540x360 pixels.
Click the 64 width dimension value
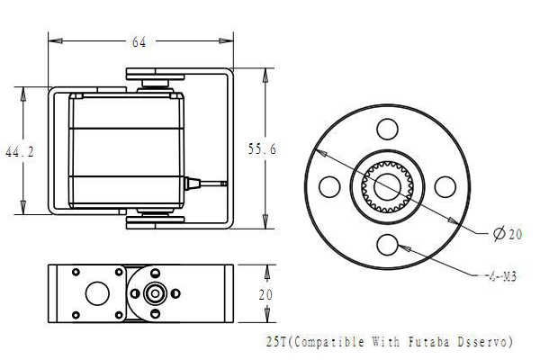click(139, 41)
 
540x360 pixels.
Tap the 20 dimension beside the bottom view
click(265, 293)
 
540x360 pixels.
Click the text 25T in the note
click(278, 342)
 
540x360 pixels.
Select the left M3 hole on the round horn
click(329, 185)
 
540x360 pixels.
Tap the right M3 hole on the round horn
click(445, 185)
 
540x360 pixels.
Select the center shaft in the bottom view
click(155, 292)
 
